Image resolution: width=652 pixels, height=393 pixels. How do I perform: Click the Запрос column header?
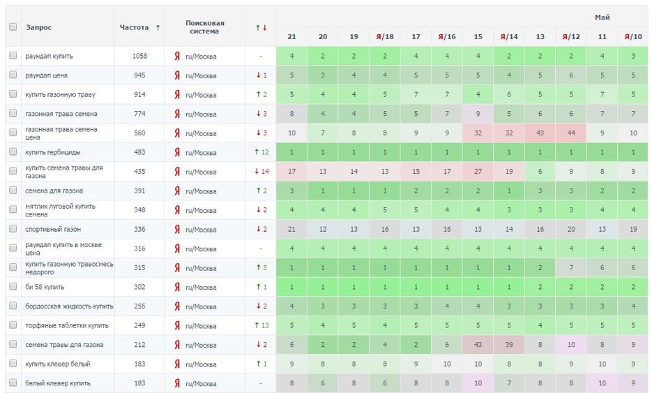tap(39, 27)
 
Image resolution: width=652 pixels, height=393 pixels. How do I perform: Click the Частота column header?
tap(134, 27)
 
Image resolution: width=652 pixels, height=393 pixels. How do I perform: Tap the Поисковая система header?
tap(204, 27)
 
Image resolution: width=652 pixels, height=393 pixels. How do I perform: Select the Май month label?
tap(602, 17)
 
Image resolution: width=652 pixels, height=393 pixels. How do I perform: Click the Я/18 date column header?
tap(385, 36)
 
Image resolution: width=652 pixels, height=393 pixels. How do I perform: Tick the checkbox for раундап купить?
tap(13, 56)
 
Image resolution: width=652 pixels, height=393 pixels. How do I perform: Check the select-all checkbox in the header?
tap(13, 27)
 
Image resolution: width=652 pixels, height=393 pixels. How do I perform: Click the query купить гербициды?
tap(52, 152)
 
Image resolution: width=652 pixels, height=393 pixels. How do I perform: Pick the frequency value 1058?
tap(139, 56)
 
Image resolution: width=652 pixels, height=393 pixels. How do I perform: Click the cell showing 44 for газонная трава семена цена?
tap(571, 133)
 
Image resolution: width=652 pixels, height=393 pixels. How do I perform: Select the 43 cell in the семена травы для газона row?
tap(478, 345)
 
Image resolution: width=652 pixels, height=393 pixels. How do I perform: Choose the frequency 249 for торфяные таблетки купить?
tap(139, 325)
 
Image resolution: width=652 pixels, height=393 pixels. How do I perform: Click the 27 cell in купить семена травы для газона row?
tap(478, 172)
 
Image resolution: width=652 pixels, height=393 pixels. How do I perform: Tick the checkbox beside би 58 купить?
tap(13, 287)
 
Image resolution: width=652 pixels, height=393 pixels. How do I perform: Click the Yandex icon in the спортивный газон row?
tap(177, 229)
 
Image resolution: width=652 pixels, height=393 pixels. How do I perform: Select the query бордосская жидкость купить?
tap(69, 306)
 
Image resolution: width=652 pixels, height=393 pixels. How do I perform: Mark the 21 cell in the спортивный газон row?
tap(291, 229)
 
